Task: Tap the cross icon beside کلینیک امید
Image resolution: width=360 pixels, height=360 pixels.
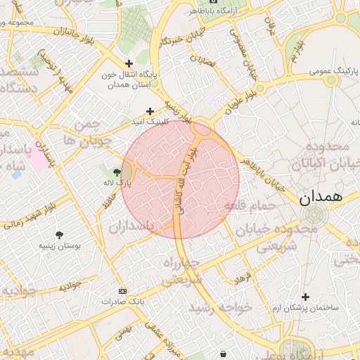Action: [150, 111]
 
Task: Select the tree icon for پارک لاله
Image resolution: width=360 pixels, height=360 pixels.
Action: [117, 172]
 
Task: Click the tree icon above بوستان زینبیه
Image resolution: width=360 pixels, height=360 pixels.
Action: [58, 235]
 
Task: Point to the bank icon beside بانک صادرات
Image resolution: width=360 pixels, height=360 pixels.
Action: [123, 291]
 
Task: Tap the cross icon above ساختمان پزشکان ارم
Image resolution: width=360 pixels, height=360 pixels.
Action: [304, 297]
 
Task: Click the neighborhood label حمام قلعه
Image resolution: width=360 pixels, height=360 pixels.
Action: [247, 205]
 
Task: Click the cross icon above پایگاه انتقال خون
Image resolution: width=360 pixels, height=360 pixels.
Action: [129, 63]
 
